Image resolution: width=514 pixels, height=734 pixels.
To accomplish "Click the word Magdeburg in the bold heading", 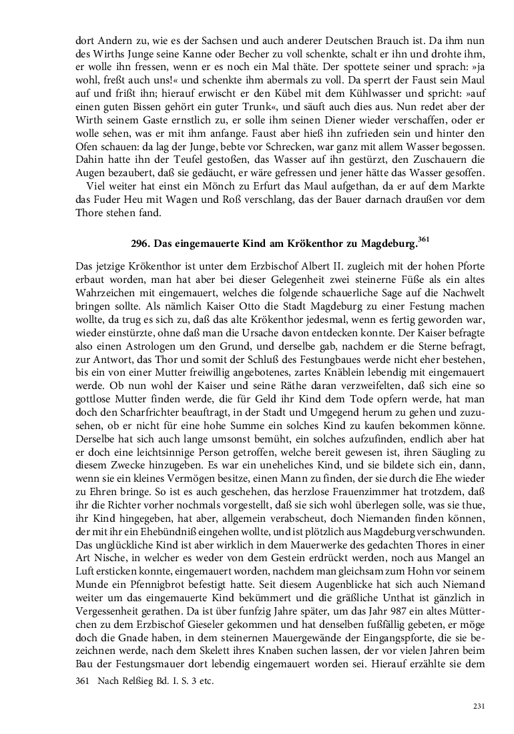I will (384, 244).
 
